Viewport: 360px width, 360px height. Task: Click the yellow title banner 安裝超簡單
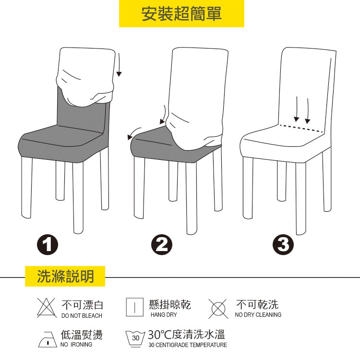point(181,13)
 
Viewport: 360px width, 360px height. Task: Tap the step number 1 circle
point(48,244)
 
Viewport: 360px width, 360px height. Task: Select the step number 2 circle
point(162,244)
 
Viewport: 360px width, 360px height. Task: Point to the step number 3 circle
point(283,244)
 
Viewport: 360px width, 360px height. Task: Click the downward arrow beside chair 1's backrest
point(119,65)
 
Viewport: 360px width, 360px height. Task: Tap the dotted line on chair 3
point(301,129)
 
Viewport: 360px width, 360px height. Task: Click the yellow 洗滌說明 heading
point(65,276)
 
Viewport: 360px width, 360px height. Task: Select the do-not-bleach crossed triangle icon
point(47,308)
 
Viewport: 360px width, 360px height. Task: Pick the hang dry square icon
point(135,307)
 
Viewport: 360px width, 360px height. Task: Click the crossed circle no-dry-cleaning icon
point(218,309)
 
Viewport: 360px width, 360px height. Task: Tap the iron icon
point(48,339)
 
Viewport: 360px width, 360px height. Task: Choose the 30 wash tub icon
point(135,339)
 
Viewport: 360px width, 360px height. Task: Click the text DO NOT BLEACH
point(82,316)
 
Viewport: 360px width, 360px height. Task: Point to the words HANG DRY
point(164,315)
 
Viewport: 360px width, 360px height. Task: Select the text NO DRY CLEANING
point(258,315)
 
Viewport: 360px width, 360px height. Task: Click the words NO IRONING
point(76,345)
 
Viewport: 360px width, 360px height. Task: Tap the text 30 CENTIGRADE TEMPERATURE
point(188,345)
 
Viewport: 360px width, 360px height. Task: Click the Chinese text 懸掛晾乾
point(169,305)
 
